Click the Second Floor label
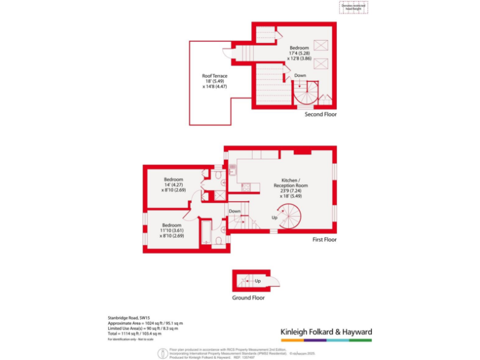pos(321,114)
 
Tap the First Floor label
pos(324,239)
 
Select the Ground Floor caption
pos(248,297)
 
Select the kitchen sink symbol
pos(232,167)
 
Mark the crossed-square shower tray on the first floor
pos(218,196)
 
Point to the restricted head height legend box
pos(354,7)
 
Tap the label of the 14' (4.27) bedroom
pos(173,184)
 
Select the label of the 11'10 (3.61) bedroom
pos(172,230)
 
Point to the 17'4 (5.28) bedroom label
pos(299,52)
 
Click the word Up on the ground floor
pos(257,281)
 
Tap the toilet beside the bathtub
pos(219,241)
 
